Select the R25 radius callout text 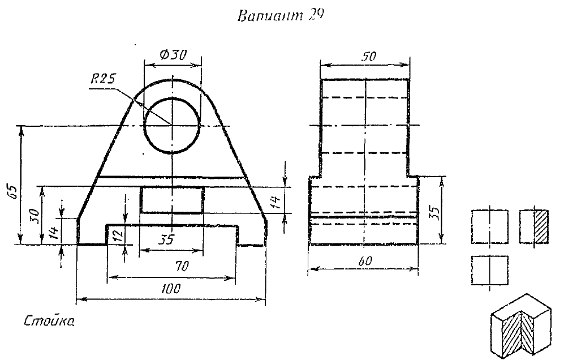[x=103, y=79]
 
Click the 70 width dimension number [x=181, y=264]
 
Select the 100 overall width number [x=170, y=288]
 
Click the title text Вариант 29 [x=282, y=16]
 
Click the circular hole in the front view [x=171, y=125]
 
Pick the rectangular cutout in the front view [x=172, y=200]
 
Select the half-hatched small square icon [x=534, y=226]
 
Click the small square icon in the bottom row [x=489, y=271]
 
